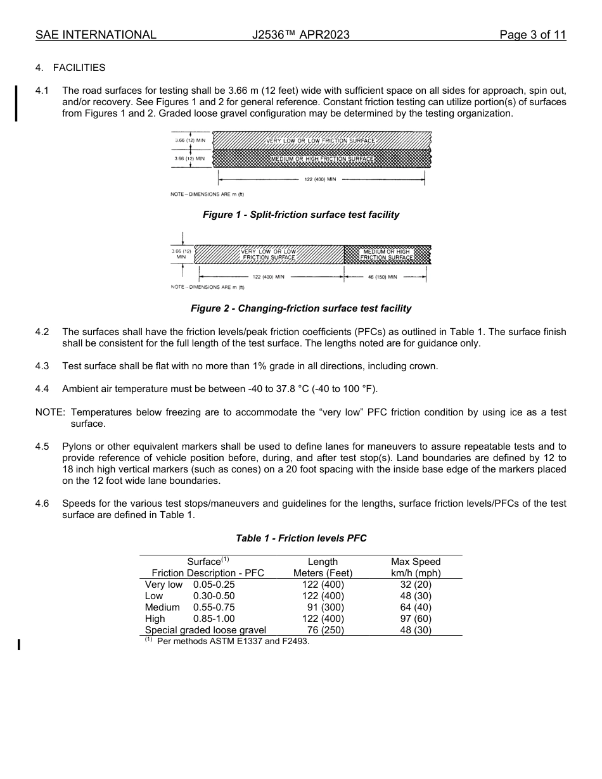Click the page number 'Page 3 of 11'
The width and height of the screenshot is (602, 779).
pos(532,35)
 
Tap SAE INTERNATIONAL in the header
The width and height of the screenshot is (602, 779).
pos(96,35)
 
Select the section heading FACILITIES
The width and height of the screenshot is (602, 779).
pos(79,68)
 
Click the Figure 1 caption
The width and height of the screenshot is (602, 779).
pos(301,215)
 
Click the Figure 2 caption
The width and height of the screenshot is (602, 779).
pos(301,308)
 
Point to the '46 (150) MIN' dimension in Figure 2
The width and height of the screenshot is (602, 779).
pos(383,277)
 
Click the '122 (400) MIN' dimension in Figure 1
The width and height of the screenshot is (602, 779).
pos(320,180)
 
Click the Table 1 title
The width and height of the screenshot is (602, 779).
pos(301,538)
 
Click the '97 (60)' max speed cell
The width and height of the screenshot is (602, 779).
pos(416,619)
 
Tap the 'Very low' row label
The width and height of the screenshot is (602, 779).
pos(163,585)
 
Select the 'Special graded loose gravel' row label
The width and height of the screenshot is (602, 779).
pos(205,630)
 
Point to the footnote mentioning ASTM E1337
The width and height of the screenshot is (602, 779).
pos(228,642)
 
